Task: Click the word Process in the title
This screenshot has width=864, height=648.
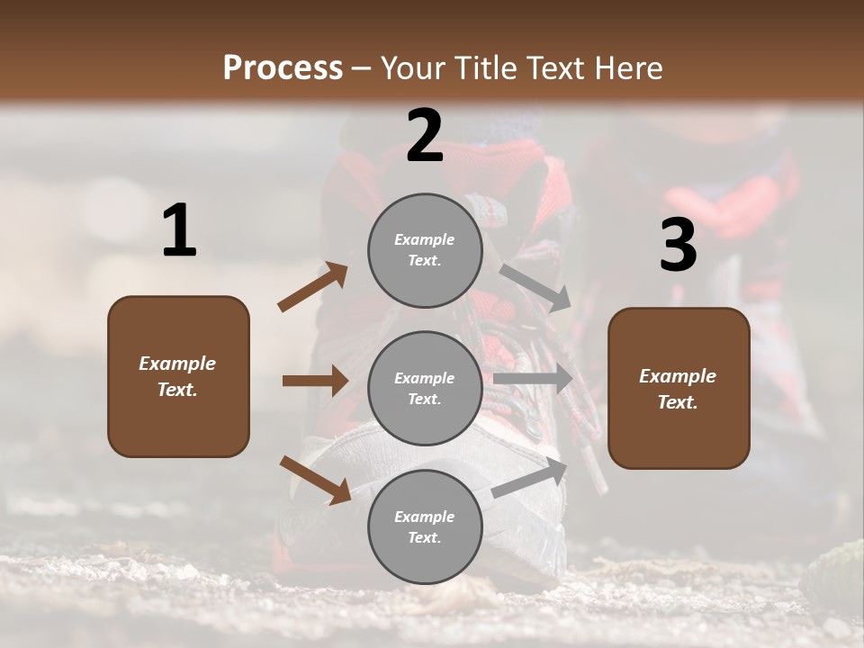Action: pos(283,67)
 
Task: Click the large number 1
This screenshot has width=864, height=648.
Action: pos(179,231)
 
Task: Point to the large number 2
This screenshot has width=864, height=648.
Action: pos(425,136)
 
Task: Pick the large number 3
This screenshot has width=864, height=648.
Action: pos(678,245)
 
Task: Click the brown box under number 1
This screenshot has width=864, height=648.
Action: pos(178,376)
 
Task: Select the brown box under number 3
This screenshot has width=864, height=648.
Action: pos(679,388)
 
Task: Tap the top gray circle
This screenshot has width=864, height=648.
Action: pos(425,250)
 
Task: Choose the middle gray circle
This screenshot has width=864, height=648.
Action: pos(425,388)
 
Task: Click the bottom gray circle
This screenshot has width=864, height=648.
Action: pos(425,526)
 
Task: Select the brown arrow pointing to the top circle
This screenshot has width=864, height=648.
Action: pos(313,287)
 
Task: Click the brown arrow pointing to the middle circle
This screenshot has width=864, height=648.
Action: pos(315,381)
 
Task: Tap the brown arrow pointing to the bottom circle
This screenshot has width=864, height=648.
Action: pos(316,479)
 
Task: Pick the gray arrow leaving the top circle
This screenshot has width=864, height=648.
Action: pos(535,286)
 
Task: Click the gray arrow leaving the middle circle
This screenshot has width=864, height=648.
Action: pos(533,378)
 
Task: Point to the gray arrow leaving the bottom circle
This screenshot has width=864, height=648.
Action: pos(530,476)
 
